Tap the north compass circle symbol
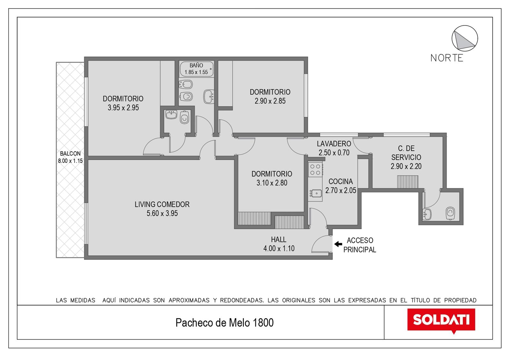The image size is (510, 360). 465,38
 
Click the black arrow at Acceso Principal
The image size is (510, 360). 338,244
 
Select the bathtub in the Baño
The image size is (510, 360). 196,69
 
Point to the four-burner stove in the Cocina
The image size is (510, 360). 315,169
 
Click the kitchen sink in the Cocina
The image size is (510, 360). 316,193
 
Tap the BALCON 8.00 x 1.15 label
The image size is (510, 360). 70,157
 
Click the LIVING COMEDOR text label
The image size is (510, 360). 162,204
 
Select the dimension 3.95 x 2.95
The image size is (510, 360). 123,108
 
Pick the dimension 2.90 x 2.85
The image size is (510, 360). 270,101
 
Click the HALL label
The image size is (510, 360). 279,239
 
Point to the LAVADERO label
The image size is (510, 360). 334,144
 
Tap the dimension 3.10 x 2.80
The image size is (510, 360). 272,183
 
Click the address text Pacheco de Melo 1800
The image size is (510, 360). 224,322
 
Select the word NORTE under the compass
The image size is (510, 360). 447,58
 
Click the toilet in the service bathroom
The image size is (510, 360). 450,213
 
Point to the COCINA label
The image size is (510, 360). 341,181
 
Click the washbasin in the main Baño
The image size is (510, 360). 208,97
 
